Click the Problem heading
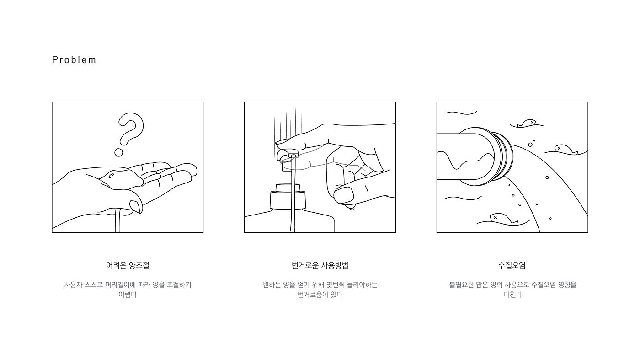tap(74, 60)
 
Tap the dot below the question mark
tap(118, 153)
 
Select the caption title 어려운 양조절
tap(128, 265)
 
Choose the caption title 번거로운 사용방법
tap(320, 265)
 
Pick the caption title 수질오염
tap(512, 265)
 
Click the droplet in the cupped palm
tap(111, 176)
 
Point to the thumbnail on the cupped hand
tap(136, 206)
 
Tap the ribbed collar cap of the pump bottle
tap(288, 199)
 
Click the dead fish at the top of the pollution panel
tap(527, 123)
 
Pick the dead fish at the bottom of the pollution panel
tap(503, 219)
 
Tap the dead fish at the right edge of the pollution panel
tap(566, 150)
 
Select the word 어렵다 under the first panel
tap(128, 295)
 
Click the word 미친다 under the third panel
tap(512, 295)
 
